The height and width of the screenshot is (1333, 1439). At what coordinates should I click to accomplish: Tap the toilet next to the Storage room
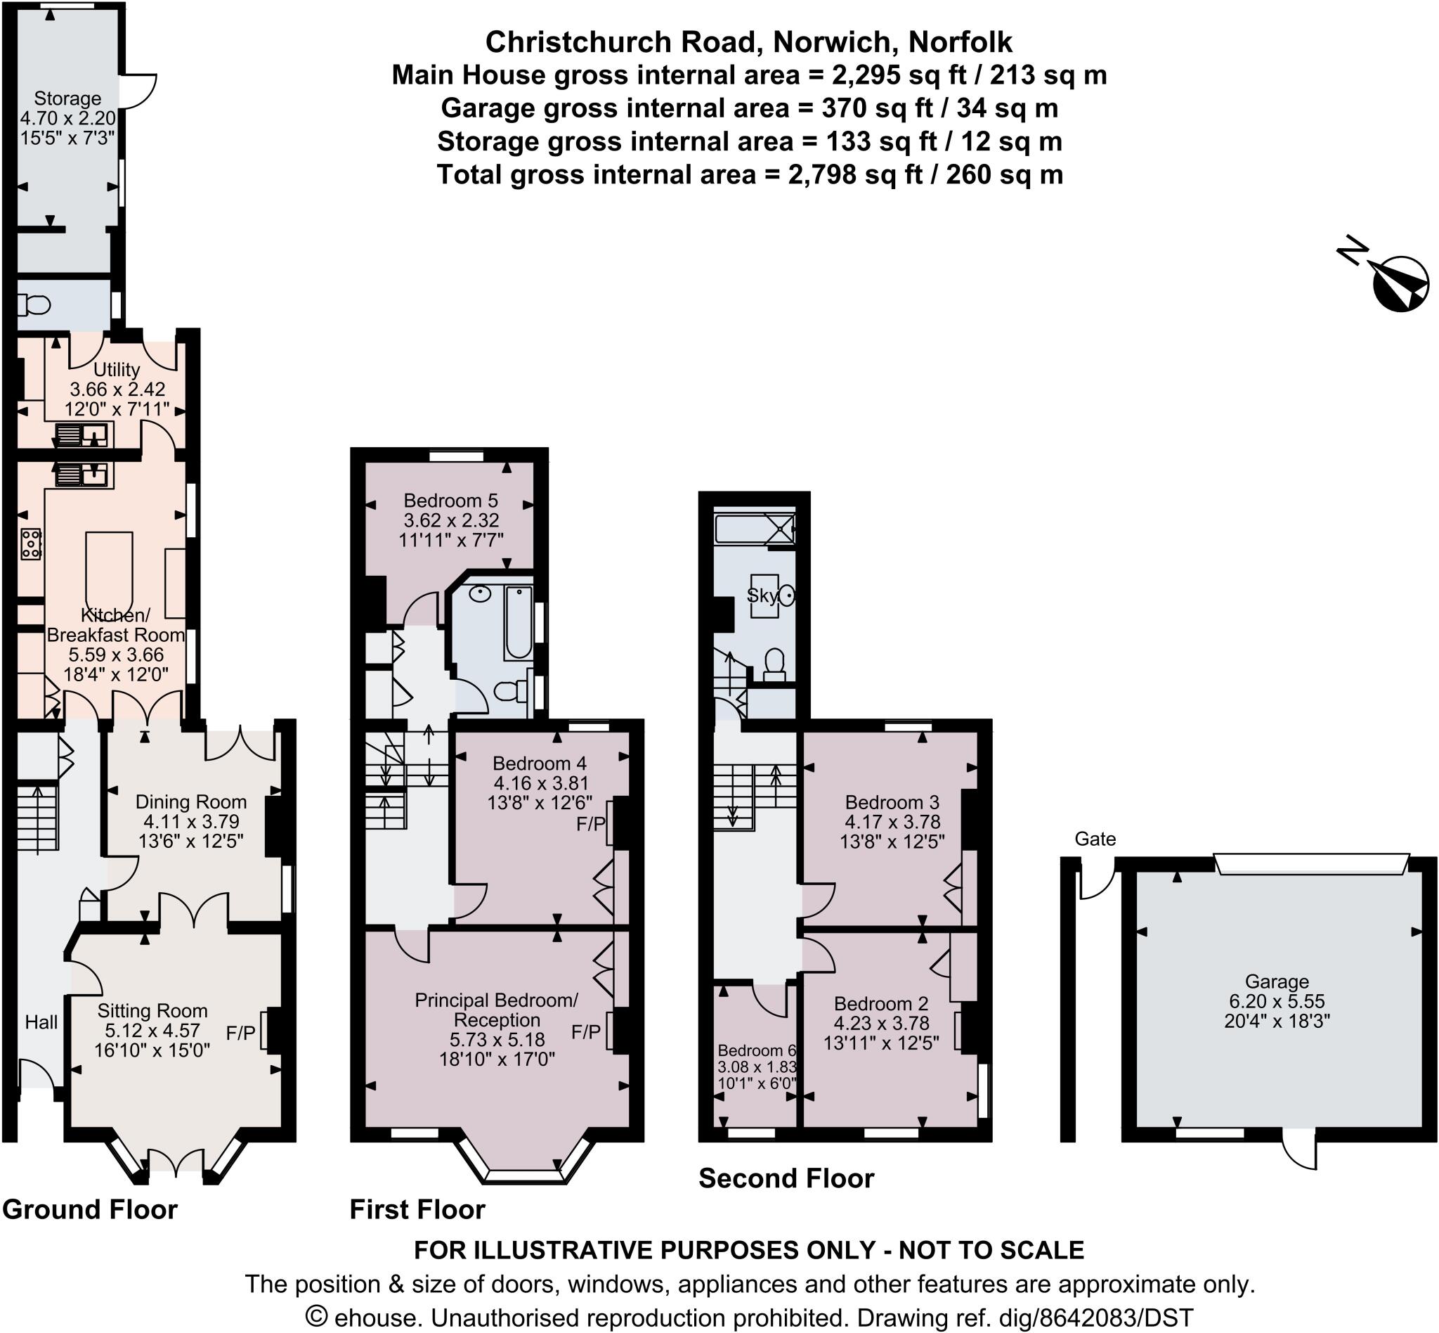pyautogui.click(x=34, y=305)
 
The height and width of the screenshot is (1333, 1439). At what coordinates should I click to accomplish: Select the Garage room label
pyautogui.click(x=1277, y=981)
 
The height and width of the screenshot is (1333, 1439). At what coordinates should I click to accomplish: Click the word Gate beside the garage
pyautogui.click(x=1095, y=839)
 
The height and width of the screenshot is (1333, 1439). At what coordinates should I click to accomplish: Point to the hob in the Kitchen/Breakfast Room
pyautogui.click(x=31, y=543)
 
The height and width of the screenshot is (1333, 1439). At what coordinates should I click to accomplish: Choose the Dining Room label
pyautogui.click(x=191, y=801)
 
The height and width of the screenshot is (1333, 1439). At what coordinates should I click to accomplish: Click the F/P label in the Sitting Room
pyautogui.click(x=241, y=1033)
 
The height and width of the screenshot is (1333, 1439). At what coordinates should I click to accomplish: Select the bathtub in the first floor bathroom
pyautogui.click(x=519, y=622)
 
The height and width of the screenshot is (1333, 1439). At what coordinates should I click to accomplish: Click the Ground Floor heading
pyautogui.click(x=89, y=1210)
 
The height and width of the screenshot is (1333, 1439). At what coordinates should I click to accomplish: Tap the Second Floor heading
pyautogui.click(x=786, y=1178)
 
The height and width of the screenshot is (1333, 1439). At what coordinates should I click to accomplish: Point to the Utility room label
pyautogui.click(x=117, y=369)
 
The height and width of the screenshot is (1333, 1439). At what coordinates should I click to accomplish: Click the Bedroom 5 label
pyautogui.click(x=450, y=500)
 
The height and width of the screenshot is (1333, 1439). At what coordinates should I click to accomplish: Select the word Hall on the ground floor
pyautogui.click(x=41, y=1022)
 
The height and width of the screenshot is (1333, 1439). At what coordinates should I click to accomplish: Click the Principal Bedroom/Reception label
pyautogui.click(x=497, y=1010)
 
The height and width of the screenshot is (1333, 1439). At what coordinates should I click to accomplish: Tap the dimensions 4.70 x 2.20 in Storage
pyautogui.click(x=67, y=117)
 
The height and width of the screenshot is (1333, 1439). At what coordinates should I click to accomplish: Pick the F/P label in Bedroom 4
pyautogui.click(x=590, y=824)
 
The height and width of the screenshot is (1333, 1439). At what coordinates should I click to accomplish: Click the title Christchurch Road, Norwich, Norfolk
pyautogui.click(x=748, y=43)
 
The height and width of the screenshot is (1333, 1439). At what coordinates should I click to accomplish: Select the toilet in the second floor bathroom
pyautogui.click(x=774, y=665)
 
